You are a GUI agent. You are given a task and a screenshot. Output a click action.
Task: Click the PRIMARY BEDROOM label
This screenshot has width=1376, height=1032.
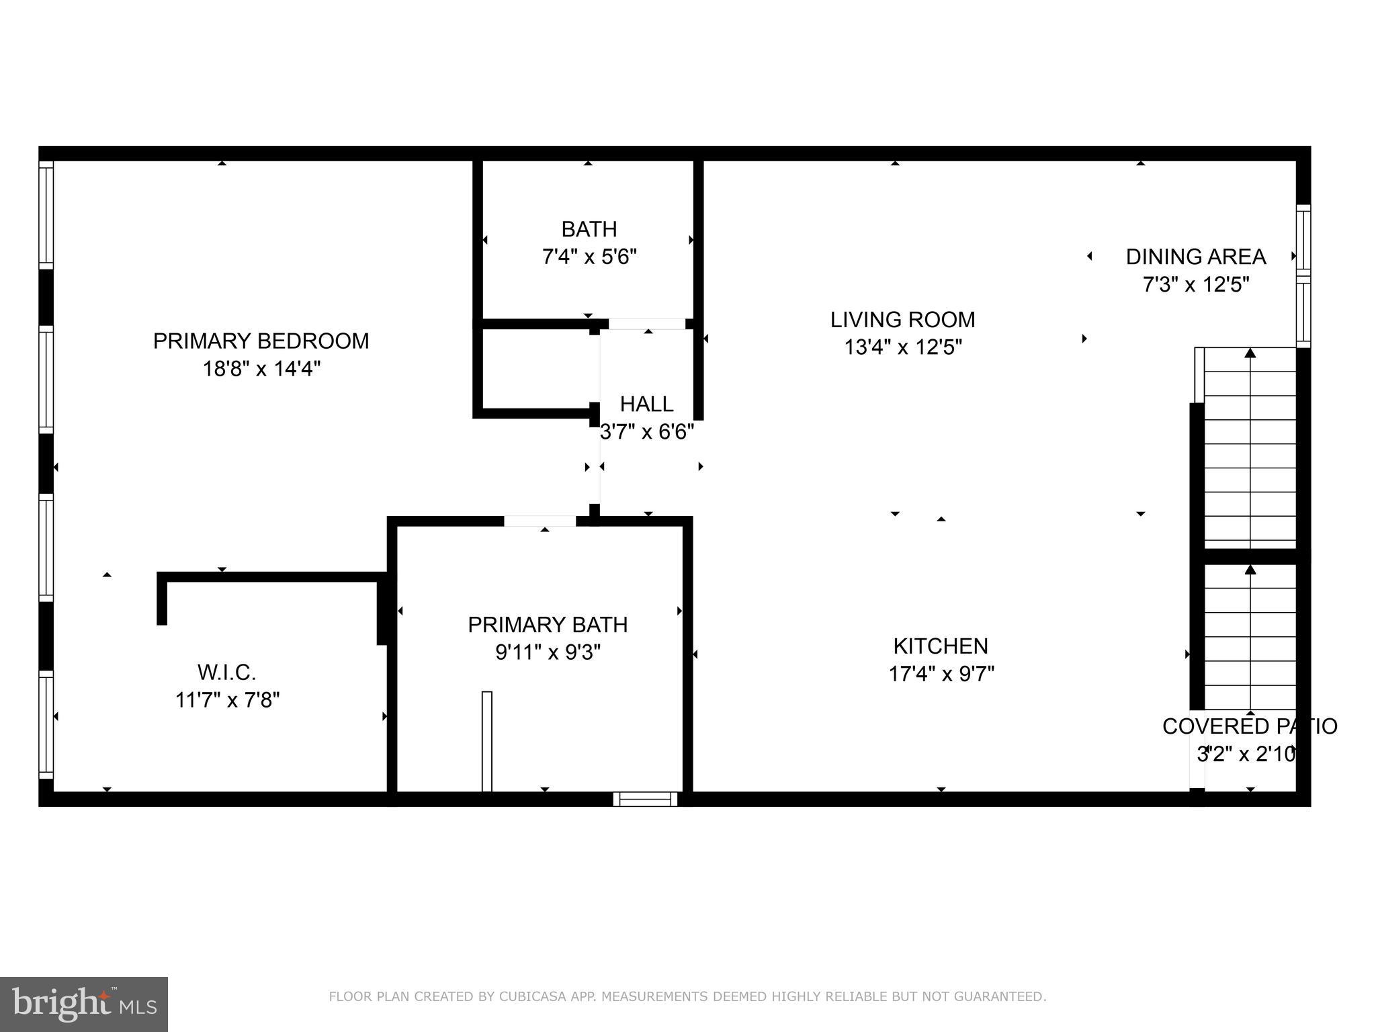tap(261, 341)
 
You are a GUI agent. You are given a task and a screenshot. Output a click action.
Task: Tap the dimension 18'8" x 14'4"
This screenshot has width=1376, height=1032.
tap(261, 369)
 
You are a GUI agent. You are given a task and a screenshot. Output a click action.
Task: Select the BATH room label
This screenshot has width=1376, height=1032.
tap(589, 230)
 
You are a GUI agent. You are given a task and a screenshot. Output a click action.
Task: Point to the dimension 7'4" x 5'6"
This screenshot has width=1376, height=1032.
tap(589, 257)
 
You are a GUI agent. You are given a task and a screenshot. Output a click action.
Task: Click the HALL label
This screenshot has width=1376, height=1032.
tap(646, 404)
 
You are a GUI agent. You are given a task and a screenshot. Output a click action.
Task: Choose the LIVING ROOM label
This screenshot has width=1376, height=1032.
tap(902, 320)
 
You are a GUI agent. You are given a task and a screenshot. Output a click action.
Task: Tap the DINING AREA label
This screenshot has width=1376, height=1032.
tap(1195, 257)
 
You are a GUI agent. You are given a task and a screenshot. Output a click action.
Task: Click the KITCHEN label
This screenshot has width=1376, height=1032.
tap(941, 646)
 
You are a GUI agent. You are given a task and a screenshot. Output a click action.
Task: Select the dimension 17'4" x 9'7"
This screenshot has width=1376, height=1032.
tap(941, 674)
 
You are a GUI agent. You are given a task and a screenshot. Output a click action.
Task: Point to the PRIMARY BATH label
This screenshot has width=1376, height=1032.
tap(548, 625)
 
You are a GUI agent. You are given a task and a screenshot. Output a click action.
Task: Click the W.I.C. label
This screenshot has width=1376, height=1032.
tap(226, 672)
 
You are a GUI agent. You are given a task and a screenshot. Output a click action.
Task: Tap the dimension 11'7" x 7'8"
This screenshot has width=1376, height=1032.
tap(227, 700)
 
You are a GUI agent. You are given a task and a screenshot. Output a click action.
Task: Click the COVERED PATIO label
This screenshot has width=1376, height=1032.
tap(1249, 726)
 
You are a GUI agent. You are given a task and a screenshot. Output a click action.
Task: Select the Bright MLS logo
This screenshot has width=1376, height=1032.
tap(84, 1004)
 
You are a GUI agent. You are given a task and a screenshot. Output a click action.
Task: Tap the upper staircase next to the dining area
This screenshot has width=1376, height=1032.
tap(1250, 449)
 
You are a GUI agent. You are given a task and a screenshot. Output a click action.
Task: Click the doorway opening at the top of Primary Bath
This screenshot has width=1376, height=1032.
tap(540, 521)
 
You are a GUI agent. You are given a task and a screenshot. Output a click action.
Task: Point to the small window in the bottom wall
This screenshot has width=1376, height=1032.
tap(645, 799)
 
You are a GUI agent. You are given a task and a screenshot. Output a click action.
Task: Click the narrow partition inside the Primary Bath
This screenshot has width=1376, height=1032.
tap(487, 741)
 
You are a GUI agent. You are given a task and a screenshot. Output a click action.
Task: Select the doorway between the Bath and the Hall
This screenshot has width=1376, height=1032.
tap(646, 324)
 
